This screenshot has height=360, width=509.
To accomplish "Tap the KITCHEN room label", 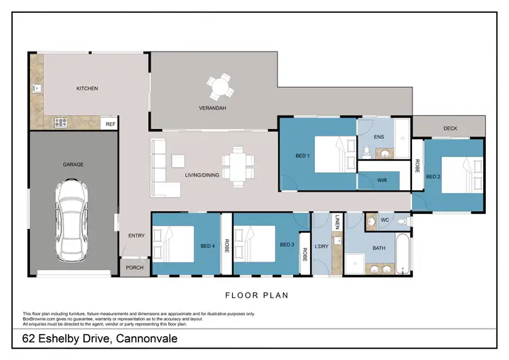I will coord(87,88).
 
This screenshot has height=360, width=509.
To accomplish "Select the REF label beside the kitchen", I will coord(109,124).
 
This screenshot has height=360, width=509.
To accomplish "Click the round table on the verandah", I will coord(219,88).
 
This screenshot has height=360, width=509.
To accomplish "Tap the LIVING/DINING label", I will coord(202,175).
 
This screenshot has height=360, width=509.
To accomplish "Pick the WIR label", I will coord(381,180).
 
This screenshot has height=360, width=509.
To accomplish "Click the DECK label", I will coord(450,128).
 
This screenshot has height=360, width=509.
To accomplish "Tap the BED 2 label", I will coord(433,177).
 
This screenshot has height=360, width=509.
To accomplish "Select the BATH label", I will coord(379,248).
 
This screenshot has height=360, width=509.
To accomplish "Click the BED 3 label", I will coord(287,245).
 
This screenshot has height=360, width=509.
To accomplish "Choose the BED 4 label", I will coord(208,246).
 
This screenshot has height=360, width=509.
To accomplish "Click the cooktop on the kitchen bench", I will coord(60,123).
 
